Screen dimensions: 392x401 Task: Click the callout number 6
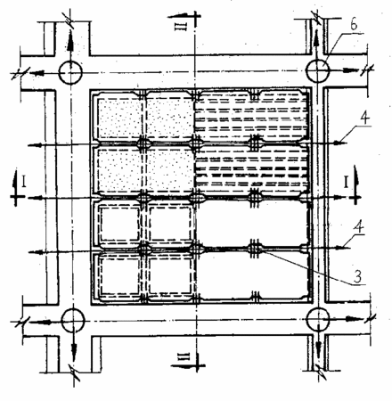[x=354, y=25]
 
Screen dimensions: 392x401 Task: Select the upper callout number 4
[x=365, y=119]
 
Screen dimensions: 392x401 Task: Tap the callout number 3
[x=357, y=276]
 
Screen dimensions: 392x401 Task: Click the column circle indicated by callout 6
[x=317, y=71]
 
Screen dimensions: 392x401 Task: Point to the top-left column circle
[x=70, y=72]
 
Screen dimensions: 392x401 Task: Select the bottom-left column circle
[x=73, y=320]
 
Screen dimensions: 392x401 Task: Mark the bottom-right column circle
[x=318, y=319]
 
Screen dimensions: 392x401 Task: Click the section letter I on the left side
[x=23, y=182]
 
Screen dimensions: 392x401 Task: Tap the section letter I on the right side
[x=346, y=182]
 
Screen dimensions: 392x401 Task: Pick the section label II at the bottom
[x=184, y=356]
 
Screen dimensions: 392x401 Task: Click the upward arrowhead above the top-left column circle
[x=70, y=45]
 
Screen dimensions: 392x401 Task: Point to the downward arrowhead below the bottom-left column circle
[x=74, y=349]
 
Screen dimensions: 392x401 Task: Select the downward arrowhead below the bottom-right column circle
[x=319, y=348]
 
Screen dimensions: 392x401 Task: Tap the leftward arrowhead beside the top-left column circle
[x=38, y=73]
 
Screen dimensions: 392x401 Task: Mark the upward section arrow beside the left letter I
[x=14, y=187]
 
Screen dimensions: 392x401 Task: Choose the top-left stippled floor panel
[x=119, y=118]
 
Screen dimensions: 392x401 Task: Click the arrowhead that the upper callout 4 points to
[x=338, y=143]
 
